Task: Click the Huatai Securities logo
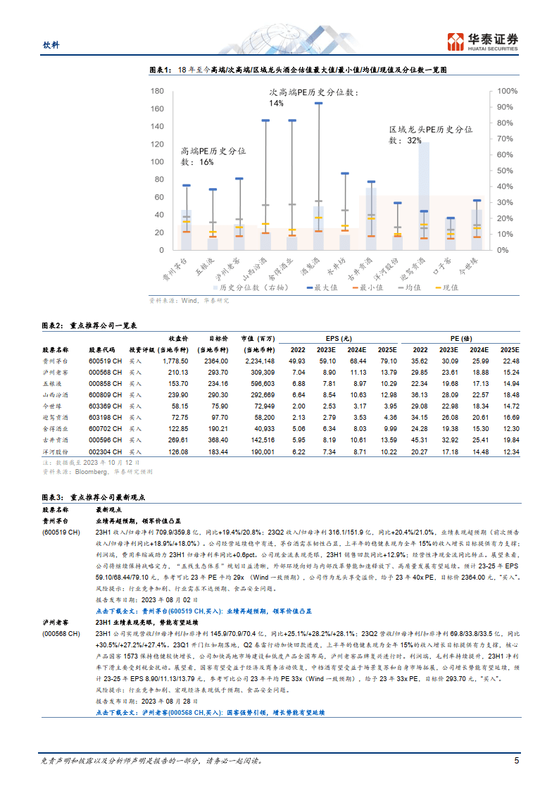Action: click(483, 42)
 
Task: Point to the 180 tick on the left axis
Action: click(156, 91)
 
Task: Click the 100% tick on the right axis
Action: click(508, 91)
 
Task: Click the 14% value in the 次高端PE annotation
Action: click(275, 104)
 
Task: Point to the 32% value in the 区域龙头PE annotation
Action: click(414, 141)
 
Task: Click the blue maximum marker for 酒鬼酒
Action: click(318, 103)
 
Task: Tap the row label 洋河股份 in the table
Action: click(55, 451)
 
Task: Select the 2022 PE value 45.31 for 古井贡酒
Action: click(420, 440)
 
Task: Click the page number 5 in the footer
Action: click(516, 761)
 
